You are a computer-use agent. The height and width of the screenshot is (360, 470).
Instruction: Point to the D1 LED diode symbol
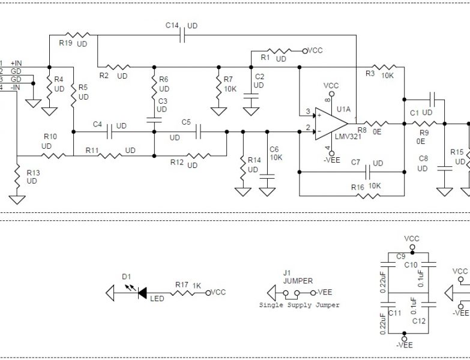143,293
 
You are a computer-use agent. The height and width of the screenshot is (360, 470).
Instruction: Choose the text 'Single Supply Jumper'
299,305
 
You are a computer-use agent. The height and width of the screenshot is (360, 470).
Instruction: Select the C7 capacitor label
355,163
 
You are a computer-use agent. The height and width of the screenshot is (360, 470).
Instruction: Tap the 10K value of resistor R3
387,76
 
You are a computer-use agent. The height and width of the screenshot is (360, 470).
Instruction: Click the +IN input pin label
16,63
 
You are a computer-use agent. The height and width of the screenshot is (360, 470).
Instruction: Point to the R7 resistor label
227,79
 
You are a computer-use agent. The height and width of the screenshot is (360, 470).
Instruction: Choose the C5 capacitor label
186,122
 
